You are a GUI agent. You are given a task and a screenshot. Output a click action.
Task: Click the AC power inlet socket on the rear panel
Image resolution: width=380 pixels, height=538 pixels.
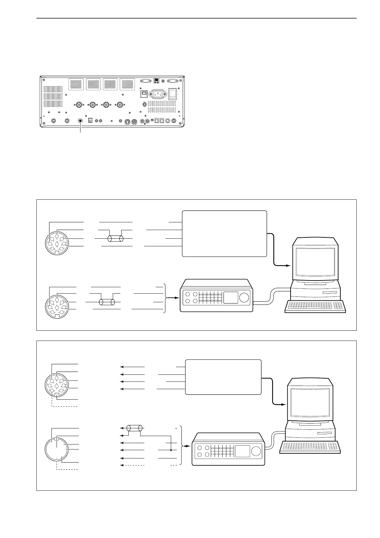tap(158, 94)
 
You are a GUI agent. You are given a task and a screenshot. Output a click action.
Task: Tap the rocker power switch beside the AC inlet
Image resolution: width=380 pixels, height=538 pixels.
tap(172, 93)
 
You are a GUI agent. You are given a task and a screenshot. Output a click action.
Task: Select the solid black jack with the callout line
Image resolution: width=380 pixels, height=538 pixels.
tap(80, 121)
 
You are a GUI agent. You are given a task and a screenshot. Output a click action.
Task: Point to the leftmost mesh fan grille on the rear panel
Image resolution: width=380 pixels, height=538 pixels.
tap(76, 84)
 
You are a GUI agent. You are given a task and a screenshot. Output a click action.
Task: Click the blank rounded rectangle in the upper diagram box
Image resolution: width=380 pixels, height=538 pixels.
tap(224, 233)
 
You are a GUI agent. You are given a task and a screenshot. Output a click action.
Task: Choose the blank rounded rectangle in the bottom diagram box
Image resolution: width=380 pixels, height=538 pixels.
tap(223, 377)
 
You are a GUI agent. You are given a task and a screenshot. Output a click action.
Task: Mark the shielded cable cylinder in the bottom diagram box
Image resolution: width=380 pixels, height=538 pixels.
tap(134, 428)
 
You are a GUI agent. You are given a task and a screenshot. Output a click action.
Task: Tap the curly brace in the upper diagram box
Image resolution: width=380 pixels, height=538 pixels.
tap(165, 298)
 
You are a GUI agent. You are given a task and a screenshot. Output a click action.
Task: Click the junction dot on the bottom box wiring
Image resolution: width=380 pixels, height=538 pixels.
tap(171, 450)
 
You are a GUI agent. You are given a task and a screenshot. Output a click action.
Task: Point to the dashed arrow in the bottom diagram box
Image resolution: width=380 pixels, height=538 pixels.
tap(132, 465)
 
